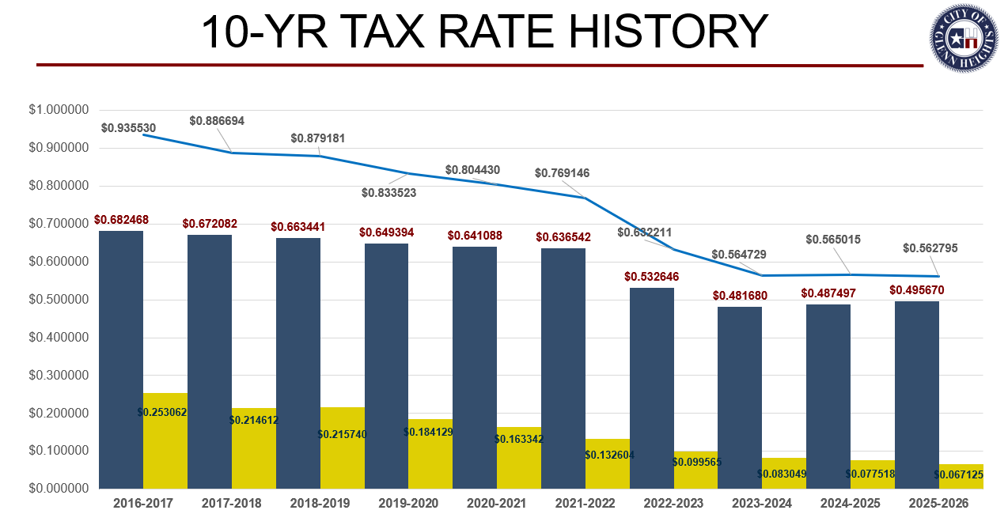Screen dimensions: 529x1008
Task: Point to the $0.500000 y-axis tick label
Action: (59, 300)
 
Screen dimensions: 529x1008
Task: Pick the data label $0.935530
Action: (128, 127)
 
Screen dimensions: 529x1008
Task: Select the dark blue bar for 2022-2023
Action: (652, 388)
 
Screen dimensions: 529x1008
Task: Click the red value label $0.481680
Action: (740, 295)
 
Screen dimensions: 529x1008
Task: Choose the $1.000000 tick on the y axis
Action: (59, 110)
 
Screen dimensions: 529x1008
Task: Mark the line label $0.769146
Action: (562, 173)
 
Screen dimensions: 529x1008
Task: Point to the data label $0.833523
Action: (388, 192)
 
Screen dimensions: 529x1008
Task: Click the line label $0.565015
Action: (833, 239)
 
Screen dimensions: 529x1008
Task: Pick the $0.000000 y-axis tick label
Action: (59, 489)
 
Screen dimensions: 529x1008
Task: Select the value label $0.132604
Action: (609, 455)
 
